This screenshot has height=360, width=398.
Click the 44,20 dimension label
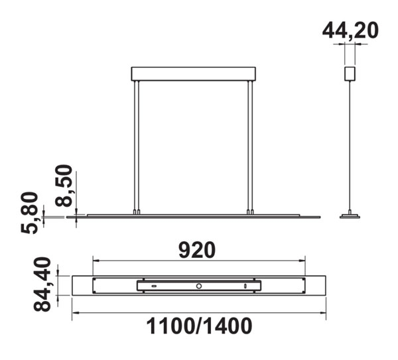(350, 31)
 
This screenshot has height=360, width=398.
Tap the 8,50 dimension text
(64, 186)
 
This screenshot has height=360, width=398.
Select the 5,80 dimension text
(29, 213)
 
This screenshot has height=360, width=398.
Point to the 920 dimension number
(197, 250)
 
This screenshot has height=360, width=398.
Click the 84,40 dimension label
(42, 284)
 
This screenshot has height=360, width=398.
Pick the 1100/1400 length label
(199, 326)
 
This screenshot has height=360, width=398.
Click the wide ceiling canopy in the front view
(194, 74)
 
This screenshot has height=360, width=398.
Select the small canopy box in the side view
(350, 74)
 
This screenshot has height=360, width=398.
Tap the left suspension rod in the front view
(137, 146)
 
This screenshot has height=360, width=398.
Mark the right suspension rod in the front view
(250, 146)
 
